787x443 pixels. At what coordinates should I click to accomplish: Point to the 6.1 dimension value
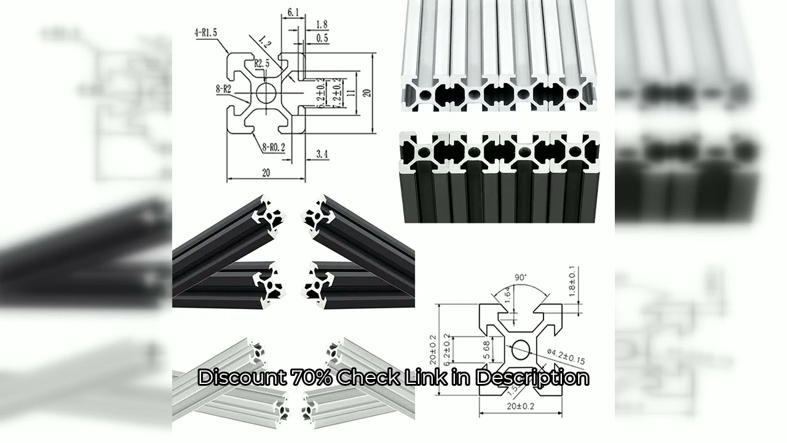point(293,12)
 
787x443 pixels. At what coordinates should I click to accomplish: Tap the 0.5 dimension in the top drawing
point(322,38)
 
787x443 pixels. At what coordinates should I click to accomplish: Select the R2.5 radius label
point(262,63)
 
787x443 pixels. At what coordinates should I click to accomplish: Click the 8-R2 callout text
point(223,89)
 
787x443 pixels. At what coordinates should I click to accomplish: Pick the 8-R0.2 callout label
point(272,147)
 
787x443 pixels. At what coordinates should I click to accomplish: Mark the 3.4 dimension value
point(322,154)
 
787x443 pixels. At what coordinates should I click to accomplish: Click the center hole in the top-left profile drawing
point(266,94)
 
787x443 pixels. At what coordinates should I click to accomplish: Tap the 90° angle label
point(520,277)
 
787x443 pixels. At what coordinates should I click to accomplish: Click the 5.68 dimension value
point(486,350)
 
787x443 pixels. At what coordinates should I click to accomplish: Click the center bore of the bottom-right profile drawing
point(520,349)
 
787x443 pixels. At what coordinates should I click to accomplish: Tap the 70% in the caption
point(310,377)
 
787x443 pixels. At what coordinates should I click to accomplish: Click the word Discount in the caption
point(241,377)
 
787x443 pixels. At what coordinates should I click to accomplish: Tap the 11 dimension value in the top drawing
point(351,93)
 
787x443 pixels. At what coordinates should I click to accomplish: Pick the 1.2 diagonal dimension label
point(265,44)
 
